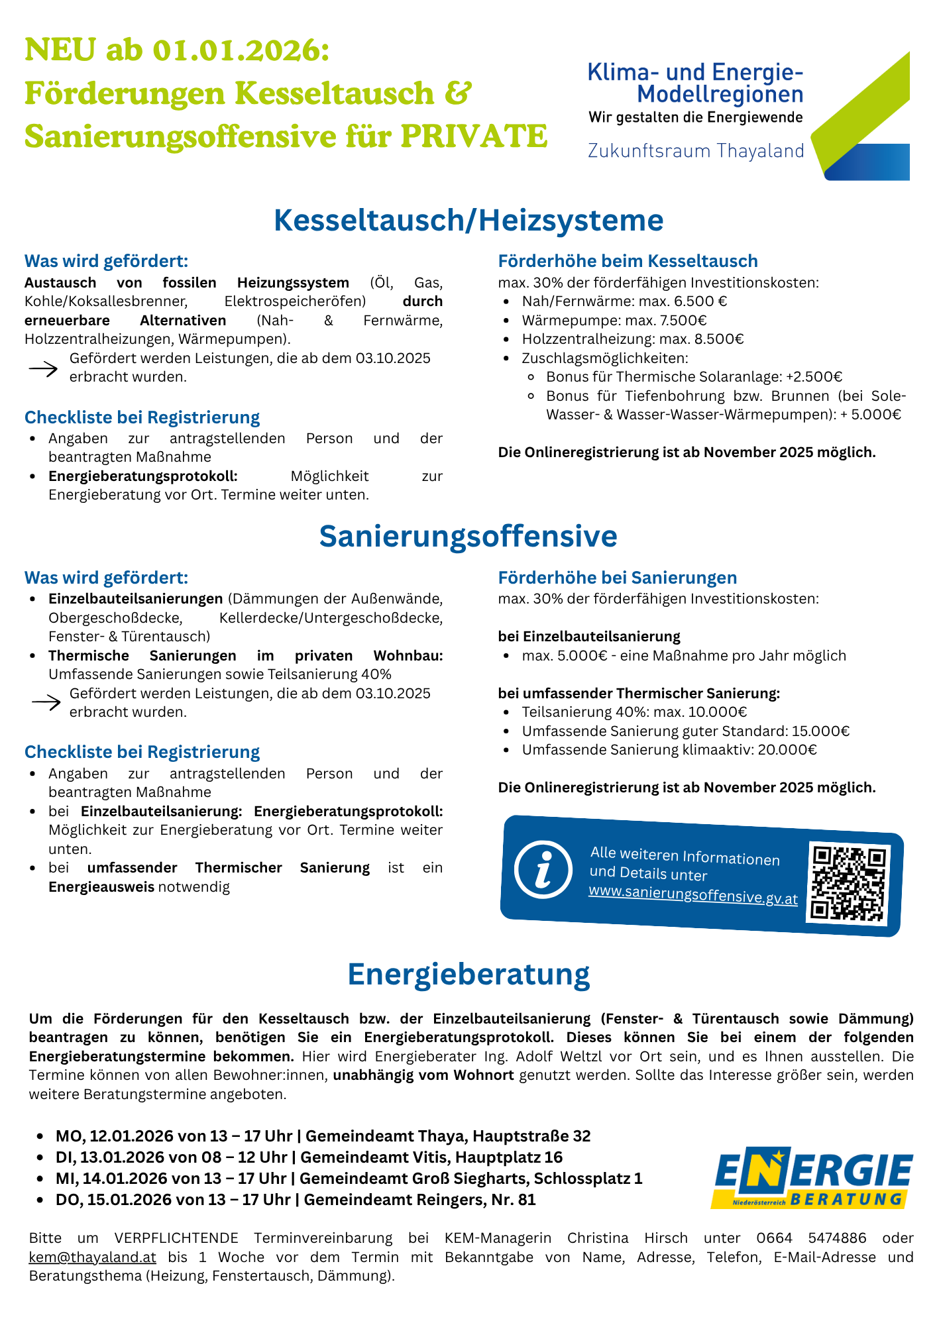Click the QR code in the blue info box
pyautogui.click(x=849, y=884)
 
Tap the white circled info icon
pyautogui.click(x=543, y=869)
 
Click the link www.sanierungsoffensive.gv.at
pyautogui.click(x=692, y=896)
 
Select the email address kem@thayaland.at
pyautogui.click(x=92, y=1257)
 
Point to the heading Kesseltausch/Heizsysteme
pyautogui.click(x=468, y=221)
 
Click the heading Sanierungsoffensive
pyautogui.click(x=468, y=536)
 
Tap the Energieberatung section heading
pyautogui.click(x=468, y=975)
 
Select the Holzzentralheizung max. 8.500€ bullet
pyautogui.click(x=632, y=339)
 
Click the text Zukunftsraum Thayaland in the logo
pyautogui.click(x=696, y=151)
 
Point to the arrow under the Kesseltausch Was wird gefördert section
pyautogui.click(x=43, y=369)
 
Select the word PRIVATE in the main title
pyautogui.click(x=474, y=136)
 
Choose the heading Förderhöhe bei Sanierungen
pyautogui.click(x=617, y=578)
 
